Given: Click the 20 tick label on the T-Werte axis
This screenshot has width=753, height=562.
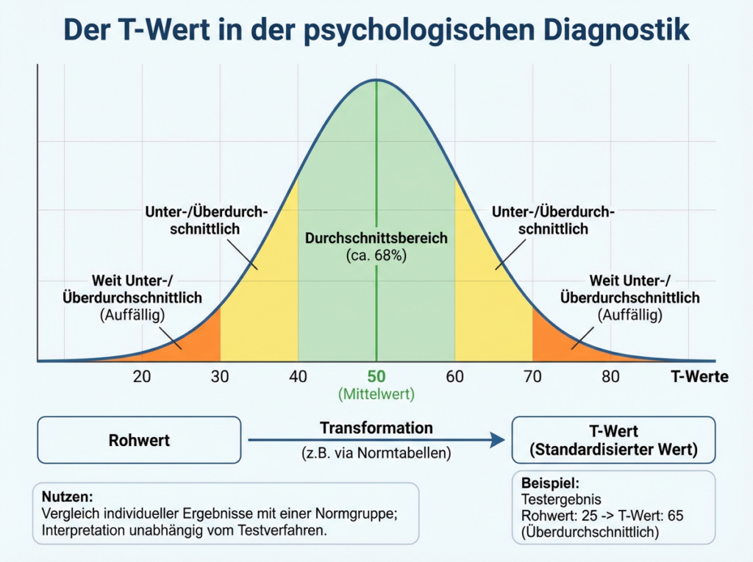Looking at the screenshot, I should (x=142, y=377).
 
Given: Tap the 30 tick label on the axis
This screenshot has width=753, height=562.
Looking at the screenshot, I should (x=220, y=377).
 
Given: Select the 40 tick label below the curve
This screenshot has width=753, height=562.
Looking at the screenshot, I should (x=298, y=377).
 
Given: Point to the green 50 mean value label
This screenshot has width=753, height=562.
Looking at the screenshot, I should (x=376, y=377).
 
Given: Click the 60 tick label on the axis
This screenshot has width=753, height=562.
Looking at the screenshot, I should (x=454, y=377).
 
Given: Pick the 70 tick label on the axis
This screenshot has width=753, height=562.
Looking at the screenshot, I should (x=532, y=377).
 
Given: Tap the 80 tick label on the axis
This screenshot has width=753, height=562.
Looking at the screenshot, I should (x=610, y=377).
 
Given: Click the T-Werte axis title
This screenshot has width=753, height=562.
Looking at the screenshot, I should (x=699, y=377).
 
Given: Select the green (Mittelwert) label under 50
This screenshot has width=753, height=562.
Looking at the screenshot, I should (x=376, y=394).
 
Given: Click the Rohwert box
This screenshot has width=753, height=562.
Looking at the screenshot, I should (x=139, y=440).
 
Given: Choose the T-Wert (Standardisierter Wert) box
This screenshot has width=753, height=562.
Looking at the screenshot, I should (x=613, y=439).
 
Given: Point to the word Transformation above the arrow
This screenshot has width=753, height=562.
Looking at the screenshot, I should (x=376, y=428).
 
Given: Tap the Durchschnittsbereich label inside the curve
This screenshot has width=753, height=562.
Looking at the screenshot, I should (x=376, y=239).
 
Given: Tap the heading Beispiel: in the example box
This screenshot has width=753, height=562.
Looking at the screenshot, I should (x=551, y=484).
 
